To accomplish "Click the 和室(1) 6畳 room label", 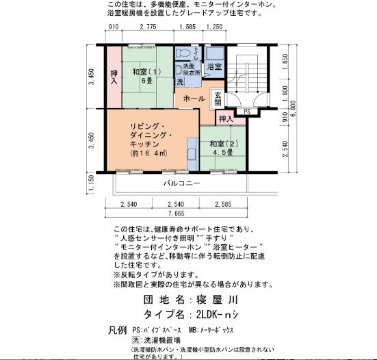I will coord(146,76).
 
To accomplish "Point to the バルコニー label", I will coord(181,183).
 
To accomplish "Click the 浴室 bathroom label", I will coord(214,66).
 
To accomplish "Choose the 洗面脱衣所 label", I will coord(191,68).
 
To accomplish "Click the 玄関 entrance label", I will coord(218,99).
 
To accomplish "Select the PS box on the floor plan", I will coord(246,110).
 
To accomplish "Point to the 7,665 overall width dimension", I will coord(181,215).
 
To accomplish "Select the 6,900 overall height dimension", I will coord(294,110).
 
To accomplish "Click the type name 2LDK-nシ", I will coord(216,315).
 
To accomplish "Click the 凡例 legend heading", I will coord(118,330).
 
